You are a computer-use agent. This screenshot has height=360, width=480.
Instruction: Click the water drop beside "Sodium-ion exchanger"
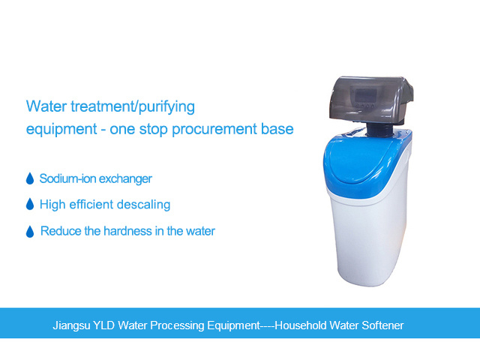tap(30, 178)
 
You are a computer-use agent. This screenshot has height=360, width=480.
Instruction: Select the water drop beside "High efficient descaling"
tap(30, 204)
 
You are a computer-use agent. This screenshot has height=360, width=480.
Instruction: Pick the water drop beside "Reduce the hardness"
tap(30, 231)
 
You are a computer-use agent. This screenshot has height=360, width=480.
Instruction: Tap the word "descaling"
tap(143, 204)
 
